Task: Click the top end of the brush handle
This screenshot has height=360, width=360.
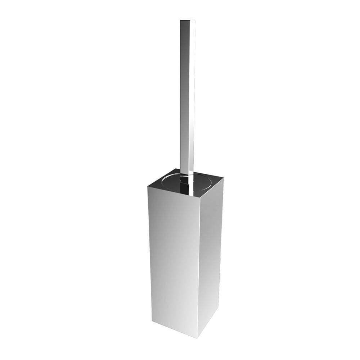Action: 188,20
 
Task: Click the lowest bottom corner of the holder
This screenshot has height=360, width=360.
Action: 197,338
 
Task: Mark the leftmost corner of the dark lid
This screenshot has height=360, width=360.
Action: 148,186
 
